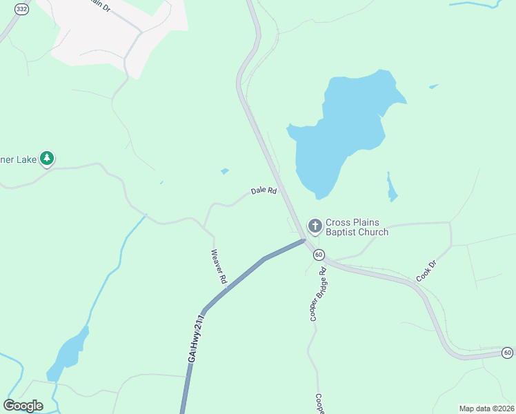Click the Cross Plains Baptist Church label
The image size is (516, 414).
[x=357, y=228]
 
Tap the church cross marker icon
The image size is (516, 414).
[x=315, y=225]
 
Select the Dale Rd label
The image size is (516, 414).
[x=264, y=190]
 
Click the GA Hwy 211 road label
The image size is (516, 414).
[x=197, y=337]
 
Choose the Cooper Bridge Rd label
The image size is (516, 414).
[x=317, y=295]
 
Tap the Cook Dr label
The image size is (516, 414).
[x=427, y=270]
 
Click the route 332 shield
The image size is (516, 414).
[x=21, y=8]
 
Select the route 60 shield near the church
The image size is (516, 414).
[x=318, y=255]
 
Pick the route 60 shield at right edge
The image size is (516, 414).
[x=507, y=353]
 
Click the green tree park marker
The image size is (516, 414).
[x=47, y=159]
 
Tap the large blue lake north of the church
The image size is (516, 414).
[x=340, y=135]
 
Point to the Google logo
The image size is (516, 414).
[x=23, y=405]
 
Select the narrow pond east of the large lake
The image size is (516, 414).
[x=392, y=188]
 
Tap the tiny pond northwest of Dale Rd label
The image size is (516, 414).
[x=225, y=171]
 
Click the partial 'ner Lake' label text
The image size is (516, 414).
[x=18, y=159]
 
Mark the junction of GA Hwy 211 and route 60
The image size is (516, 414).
[x=304, y=240]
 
